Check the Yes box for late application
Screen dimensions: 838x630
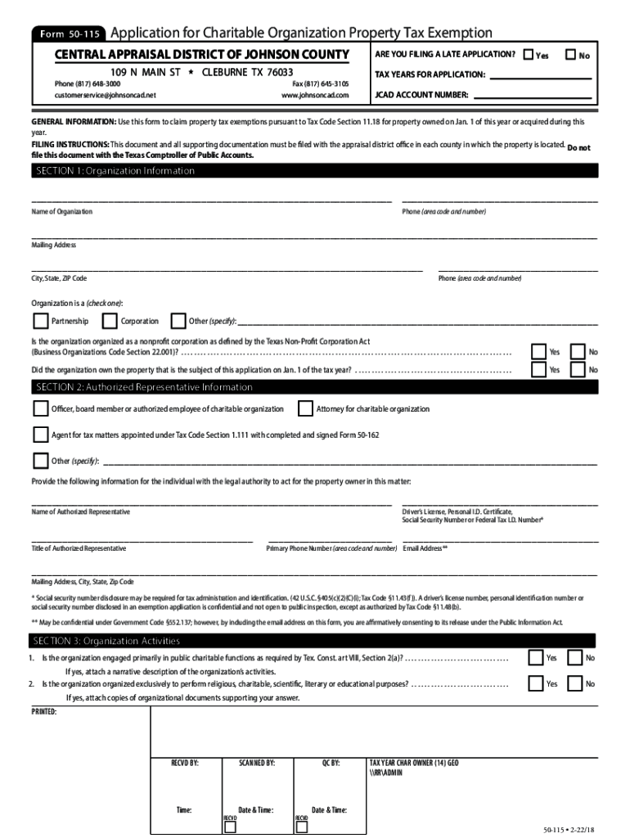point(529,55)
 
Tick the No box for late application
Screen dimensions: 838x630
point(571,55)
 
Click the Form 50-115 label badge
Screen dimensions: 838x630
point(68,35)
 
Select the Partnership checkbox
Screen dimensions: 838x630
point(40,320)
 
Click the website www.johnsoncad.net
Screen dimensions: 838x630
point(315,95)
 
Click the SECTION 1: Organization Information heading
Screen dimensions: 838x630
point(115,171)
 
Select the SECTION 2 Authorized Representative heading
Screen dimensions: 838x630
point(144,387)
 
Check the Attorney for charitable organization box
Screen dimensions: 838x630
point(305,408)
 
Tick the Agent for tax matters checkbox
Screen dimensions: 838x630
point(40,435)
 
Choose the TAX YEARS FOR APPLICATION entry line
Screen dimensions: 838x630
point(540,77)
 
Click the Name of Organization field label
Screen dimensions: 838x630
point(62,211)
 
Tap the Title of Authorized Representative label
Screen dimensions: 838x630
point(79,548)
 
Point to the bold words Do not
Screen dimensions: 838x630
point(578,148)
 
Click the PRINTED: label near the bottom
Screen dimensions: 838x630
point(44,712)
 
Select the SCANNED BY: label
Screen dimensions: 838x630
point(256,762)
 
